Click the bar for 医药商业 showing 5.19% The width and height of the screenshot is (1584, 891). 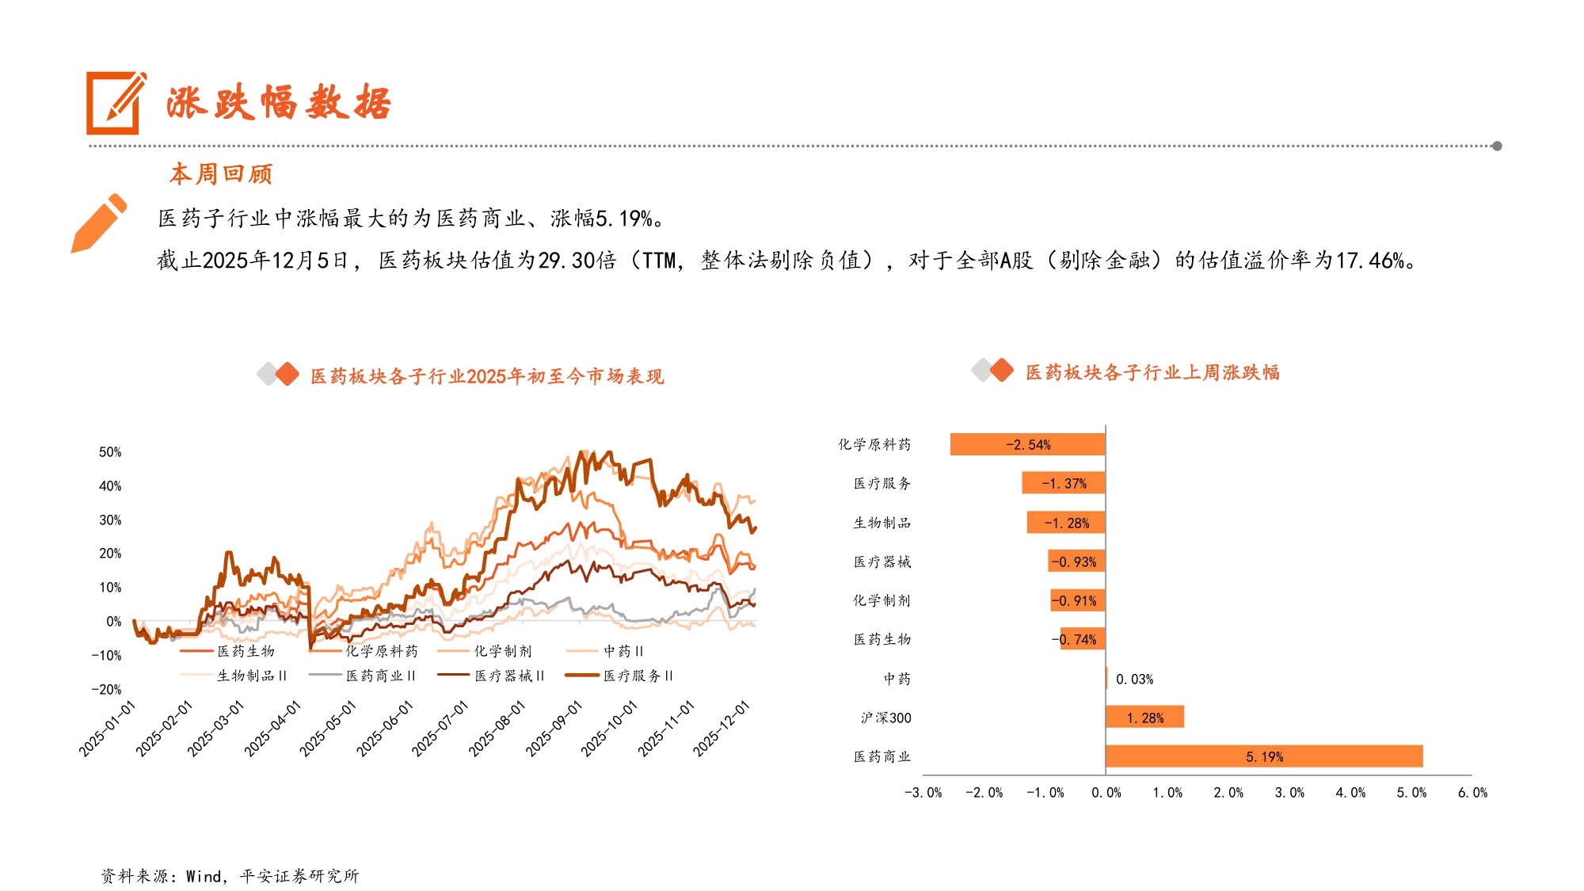1263,756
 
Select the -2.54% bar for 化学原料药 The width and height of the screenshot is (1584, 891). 1027,444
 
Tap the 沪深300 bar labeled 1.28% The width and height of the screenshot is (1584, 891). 1144,718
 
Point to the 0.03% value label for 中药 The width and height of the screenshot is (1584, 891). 1134,680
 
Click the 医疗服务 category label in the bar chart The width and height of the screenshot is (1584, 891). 881,483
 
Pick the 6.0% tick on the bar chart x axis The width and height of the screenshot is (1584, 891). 1472,793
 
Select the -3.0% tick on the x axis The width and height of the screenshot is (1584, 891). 923,793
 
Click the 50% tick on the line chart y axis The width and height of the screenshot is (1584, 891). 110,452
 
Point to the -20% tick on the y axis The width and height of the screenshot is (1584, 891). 106,690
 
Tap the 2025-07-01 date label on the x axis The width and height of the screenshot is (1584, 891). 440,729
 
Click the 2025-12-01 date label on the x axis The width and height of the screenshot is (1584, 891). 722,729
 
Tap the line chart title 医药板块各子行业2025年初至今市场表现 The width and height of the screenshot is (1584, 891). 486,376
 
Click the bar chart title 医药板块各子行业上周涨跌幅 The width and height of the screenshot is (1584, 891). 1152,372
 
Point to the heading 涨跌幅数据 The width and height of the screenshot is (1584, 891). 278,104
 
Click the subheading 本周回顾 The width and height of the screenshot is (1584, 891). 221,173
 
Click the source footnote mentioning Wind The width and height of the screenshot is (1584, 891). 230,876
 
